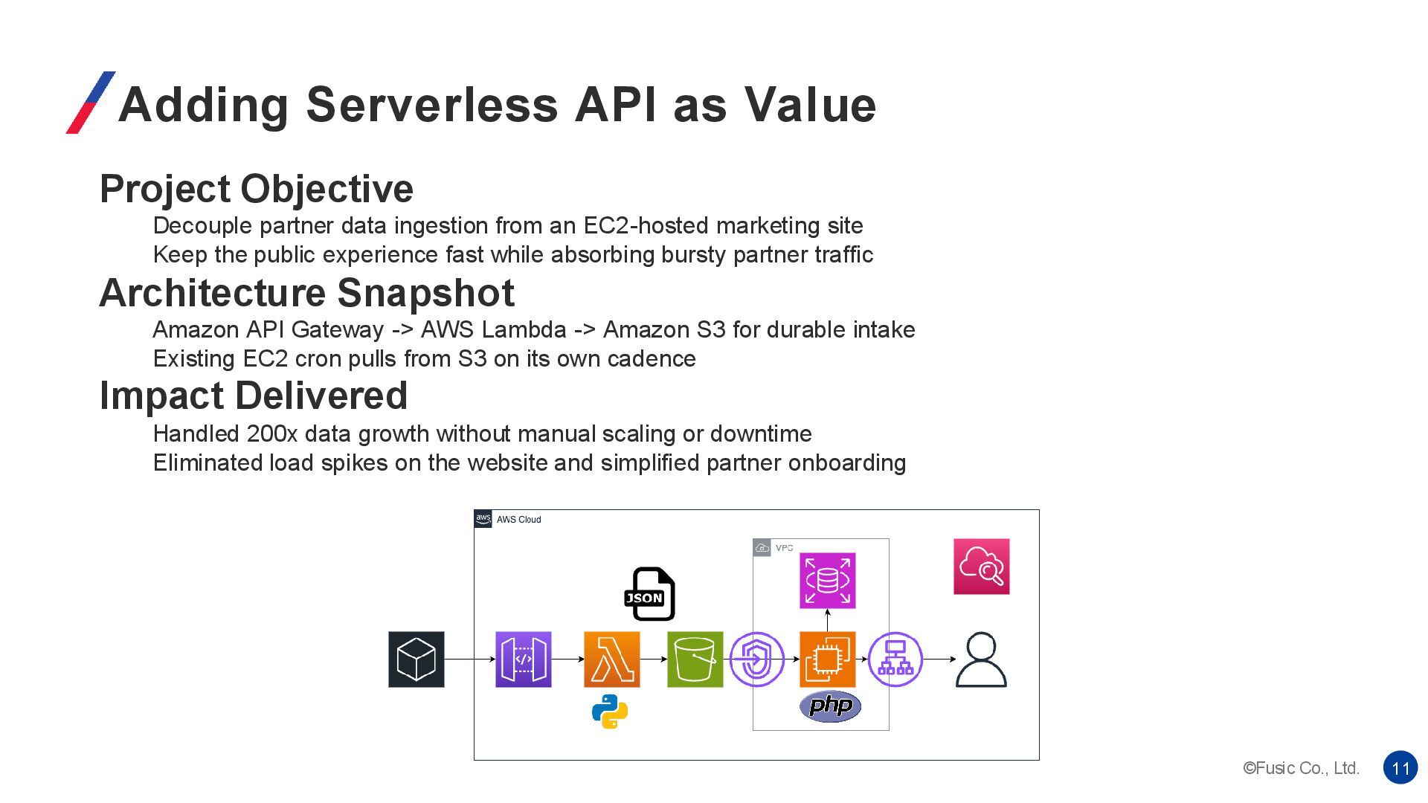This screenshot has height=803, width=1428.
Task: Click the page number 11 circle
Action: click(1400, 768)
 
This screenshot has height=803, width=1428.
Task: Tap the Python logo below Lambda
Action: click(610, 712)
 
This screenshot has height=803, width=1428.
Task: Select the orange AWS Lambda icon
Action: click(611, 660)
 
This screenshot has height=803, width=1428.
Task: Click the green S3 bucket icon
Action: click(695, 660)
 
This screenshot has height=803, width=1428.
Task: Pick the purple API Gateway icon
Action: click(524, 660)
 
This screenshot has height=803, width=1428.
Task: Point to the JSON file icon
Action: click(649, 594)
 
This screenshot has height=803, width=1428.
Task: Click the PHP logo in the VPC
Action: click(830, 706)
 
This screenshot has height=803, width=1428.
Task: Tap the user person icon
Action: click(981, 660)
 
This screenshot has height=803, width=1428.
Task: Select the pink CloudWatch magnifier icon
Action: click(981, 567)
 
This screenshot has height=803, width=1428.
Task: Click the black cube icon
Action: click(416, 660)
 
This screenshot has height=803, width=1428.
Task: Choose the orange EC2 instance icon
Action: click(827, 660)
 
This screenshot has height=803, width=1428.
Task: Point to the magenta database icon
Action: click(827, 581)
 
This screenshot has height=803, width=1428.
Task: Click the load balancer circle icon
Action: click(895, 660)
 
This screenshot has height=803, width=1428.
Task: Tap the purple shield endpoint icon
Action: click(756, 660)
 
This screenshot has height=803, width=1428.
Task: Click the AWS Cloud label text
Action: click(518, 520)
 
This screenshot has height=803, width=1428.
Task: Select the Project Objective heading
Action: click(256, 189)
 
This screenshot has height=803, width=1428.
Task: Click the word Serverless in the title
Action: click(431, 104)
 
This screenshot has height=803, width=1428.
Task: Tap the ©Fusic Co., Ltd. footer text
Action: click(1301, 768)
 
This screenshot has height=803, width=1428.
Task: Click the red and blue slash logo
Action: click(91, 103)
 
